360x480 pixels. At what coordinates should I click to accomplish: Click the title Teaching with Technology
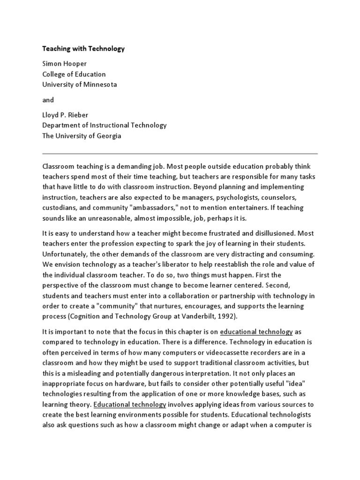[x=83, y=48]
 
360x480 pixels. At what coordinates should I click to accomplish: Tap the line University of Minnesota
[x=80, y=85]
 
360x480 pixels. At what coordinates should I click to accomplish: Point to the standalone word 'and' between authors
[x=48, y=100]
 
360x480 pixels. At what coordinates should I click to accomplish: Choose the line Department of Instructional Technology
[x=105, y=125]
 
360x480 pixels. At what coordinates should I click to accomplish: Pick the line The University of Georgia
[x=82, y=136]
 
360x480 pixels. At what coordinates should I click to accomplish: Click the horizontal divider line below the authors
[x=180, y=153]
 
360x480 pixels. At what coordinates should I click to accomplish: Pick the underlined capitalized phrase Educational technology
[x=130, y=405]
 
